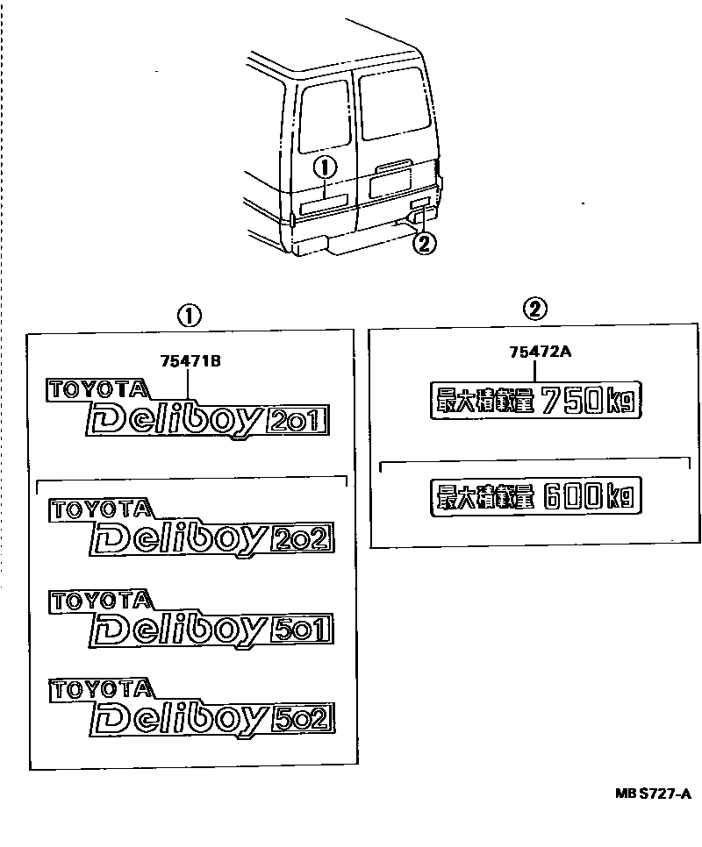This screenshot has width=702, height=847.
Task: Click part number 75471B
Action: [189, 359]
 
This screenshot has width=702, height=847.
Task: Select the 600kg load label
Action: [534, 498]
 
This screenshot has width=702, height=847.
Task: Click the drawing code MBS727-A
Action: [653, 794]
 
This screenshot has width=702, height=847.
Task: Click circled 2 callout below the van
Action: [425, 244]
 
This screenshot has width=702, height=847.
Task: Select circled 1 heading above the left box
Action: [189, 313]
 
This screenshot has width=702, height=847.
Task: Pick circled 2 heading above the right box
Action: [535, 309]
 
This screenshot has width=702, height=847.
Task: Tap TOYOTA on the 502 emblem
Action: [101, 687]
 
